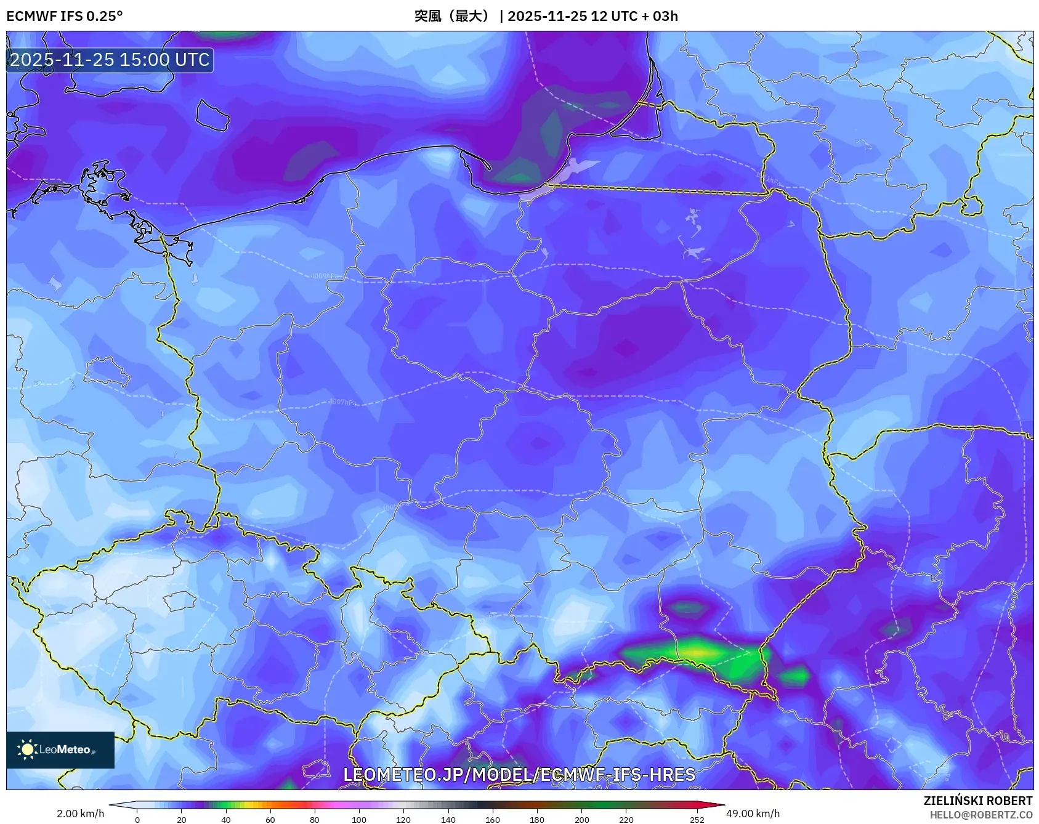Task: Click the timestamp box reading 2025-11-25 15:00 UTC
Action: pos(110,60)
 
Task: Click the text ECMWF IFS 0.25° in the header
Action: pos(64,16)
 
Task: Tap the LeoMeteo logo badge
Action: pos(60,749)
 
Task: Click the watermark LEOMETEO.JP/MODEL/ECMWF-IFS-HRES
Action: pos(519,775)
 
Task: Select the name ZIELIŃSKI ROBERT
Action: pos(977,801)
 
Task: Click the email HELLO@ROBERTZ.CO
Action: pos(980,815)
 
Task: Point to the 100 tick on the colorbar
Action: pos(359,819)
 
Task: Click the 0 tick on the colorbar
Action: pos(137,819)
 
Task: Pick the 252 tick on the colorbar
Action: pos(697,819)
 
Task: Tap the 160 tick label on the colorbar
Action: pos(492,819)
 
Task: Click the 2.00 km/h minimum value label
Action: pos(80,814)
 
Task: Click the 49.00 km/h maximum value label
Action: pos(753,814)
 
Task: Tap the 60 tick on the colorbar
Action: pos(270,819)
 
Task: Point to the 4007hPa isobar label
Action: pos(342,402)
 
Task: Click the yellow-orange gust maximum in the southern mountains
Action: pos(696,650)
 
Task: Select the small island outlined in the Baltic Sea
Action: pos(212,115)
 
